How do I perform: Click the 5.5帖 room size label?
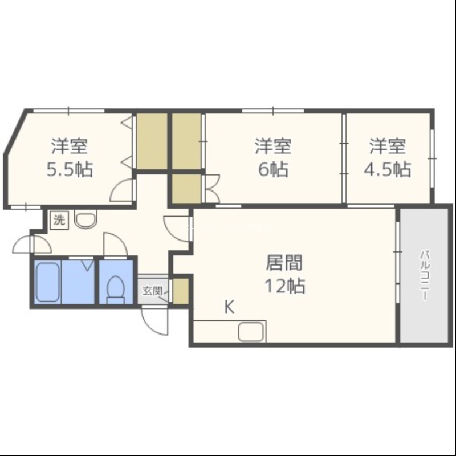point(70,169)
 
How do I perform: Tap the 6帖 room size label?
point(274,169)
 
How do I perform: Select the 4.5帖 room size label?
point(388,169)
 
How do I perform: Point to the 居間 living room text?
point(284,262)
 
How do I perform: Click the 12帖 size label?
point(284,286)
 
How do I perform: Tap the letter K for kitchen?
point(230,307)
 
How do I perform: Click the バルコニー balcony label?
point(425,275)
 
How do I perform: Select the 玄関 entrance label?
point(152,291)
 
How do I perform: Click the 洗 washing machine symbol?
point(59,220)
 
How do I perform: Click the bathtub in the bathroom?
point(48,282)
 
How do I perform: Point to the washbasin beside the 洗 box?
point(85,219)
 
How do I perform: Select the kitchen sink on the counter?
point(251,332)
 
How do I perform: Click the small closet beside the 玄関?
point(181,291)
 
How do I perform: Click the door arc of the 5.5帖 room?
point(122,190)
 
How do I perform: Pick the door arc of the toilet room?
point(116,245)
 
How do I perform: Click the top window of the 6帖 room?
point(273,111)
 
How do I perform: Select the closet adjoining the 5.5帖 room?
point(152,141)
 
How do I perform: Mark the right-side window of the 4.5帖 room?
point(432,158)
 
